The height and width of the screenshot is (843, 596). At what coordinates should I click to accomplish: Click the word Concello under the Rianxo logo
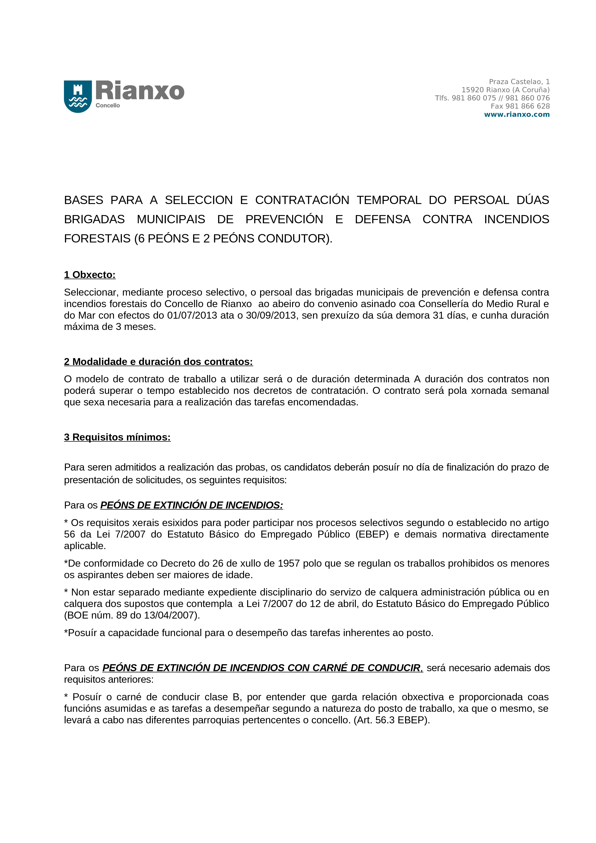pyautogui.click(x=108, y=105)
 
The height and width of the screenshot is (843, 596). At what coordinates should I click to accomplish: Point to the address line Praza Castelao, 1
pyautogui.click(x=519, y=81)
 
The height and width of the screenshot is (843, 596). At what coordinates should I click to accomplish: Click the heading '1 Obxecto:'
pyautogui.click(x=90, y=275)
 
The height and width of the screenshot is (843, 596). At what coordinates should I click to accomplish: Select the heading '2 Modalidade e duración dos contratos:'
pyautogui.click(x=158, y=362)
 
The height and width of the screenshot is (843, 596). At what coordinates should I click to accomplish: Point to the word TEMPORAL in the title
pyautogui.click(x=389, y=200)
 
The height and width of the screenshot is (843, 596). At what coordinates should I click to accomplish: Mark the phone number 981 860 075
pyautogui.click(x=474, y=98)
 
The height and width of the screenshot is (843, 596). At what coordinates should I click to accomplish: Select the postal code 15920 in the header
pyautogui.click(x=472, y=90)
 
